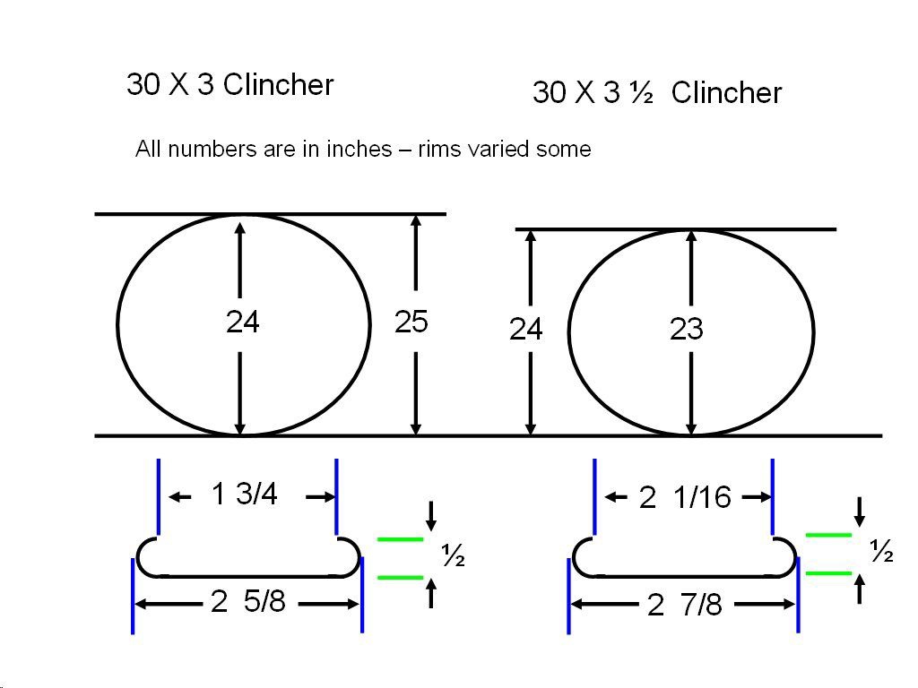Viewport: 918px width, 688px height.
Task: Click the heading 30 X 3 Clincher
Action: pos(229,85)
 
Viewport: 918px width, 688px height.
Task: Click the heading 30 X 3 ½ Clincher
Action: pos(656,92)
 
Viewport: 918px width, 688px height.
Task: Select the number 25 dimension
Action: pos(411,322)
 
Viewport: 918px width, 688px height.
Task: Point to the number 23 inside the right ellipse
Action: pos(686,331)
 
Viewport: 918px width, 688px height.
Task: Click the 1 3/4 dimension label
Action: pos(245,494)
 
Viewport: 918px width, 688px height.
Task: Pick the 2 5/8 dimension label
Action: pos(247,602)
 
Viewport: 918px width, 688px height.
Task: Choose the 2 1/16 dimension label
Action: pos(685,497)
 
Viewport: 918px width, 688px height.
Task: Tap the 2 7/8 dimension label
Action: pos(684,606)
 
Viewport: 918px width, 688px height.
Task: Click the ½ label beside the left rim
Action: pos(453,557)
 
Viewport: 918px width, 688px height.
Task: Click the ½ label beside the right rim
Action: pos(881,554)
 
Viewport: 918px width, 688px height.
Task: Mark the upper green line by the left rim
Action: pos(400,539)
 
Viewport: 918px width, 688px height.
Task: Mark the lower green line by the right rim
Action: pos(828,572)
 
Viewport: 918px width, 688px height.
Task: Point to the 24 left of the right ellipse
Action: pos(526,331)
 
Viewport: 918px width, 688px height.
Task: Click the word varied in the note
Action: pos(504,150)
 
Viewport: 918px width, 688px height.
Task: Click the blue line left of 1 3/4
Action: pos(159,495)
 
